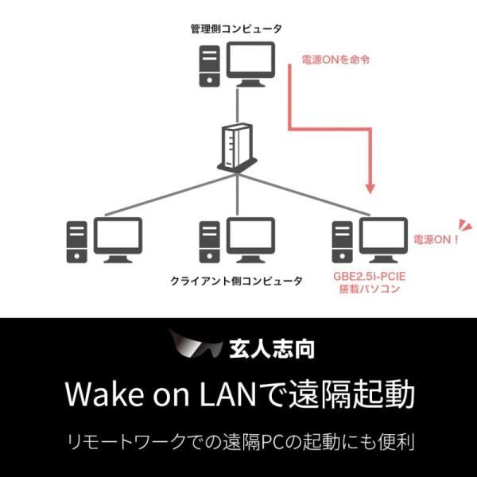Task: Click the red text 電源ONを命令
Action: click(x=335, y=59)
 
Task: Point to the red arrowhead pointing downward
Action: click(x=370, y=187)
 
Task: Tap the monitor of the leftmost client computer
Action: click(x=118, y=236)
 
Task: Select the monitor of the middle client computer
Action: click(x=251, y=236)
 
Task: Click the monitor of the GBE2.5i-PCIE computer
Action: click(x=383, y=236)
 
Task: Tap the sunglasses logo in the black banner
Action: click(x=195, y=347)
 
